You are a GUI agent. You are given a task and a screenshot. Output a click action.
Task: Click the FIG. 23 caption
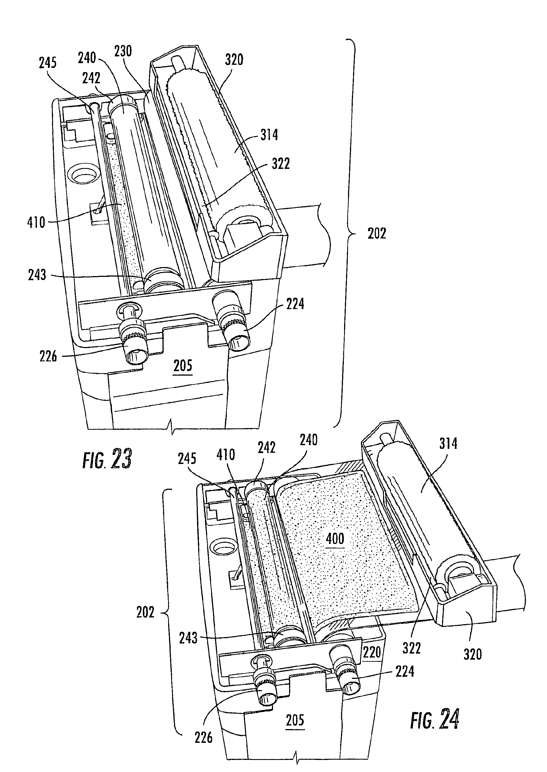107,459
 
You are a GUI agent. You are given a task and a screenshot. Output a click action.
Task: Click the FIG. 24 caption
434,719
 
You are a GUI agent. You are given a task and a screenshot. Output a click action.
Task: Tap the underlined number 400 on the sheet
335,539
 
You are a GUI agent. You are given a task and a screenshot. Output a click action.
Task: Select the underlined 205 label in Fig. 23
183,366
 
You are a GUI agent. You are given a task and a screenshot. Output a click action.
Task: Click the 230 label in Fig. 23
123,52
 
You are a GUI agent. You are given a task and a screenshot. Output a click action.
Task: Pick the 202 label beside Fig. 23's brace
377,234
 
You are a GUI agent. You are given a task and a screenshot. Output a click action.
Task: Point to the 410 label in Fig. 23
36,222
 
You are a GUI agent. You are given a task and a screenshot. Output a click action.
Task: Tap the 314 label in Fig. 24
448,444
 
